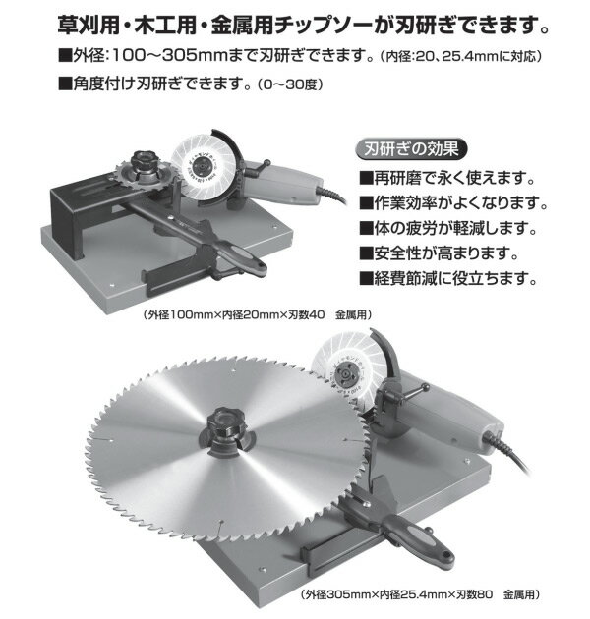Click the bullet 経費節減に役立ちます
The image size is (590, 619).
tap(453, 278)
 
